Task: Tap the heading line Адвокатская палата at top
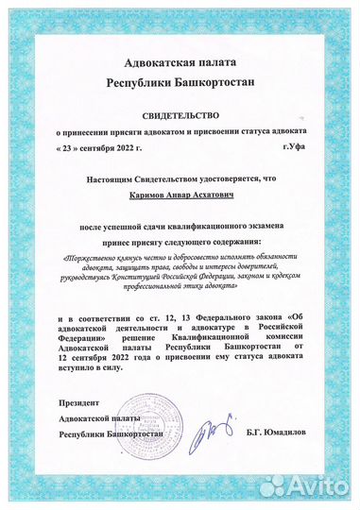(180, 62)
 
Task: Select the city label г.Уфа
(294, 149)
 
